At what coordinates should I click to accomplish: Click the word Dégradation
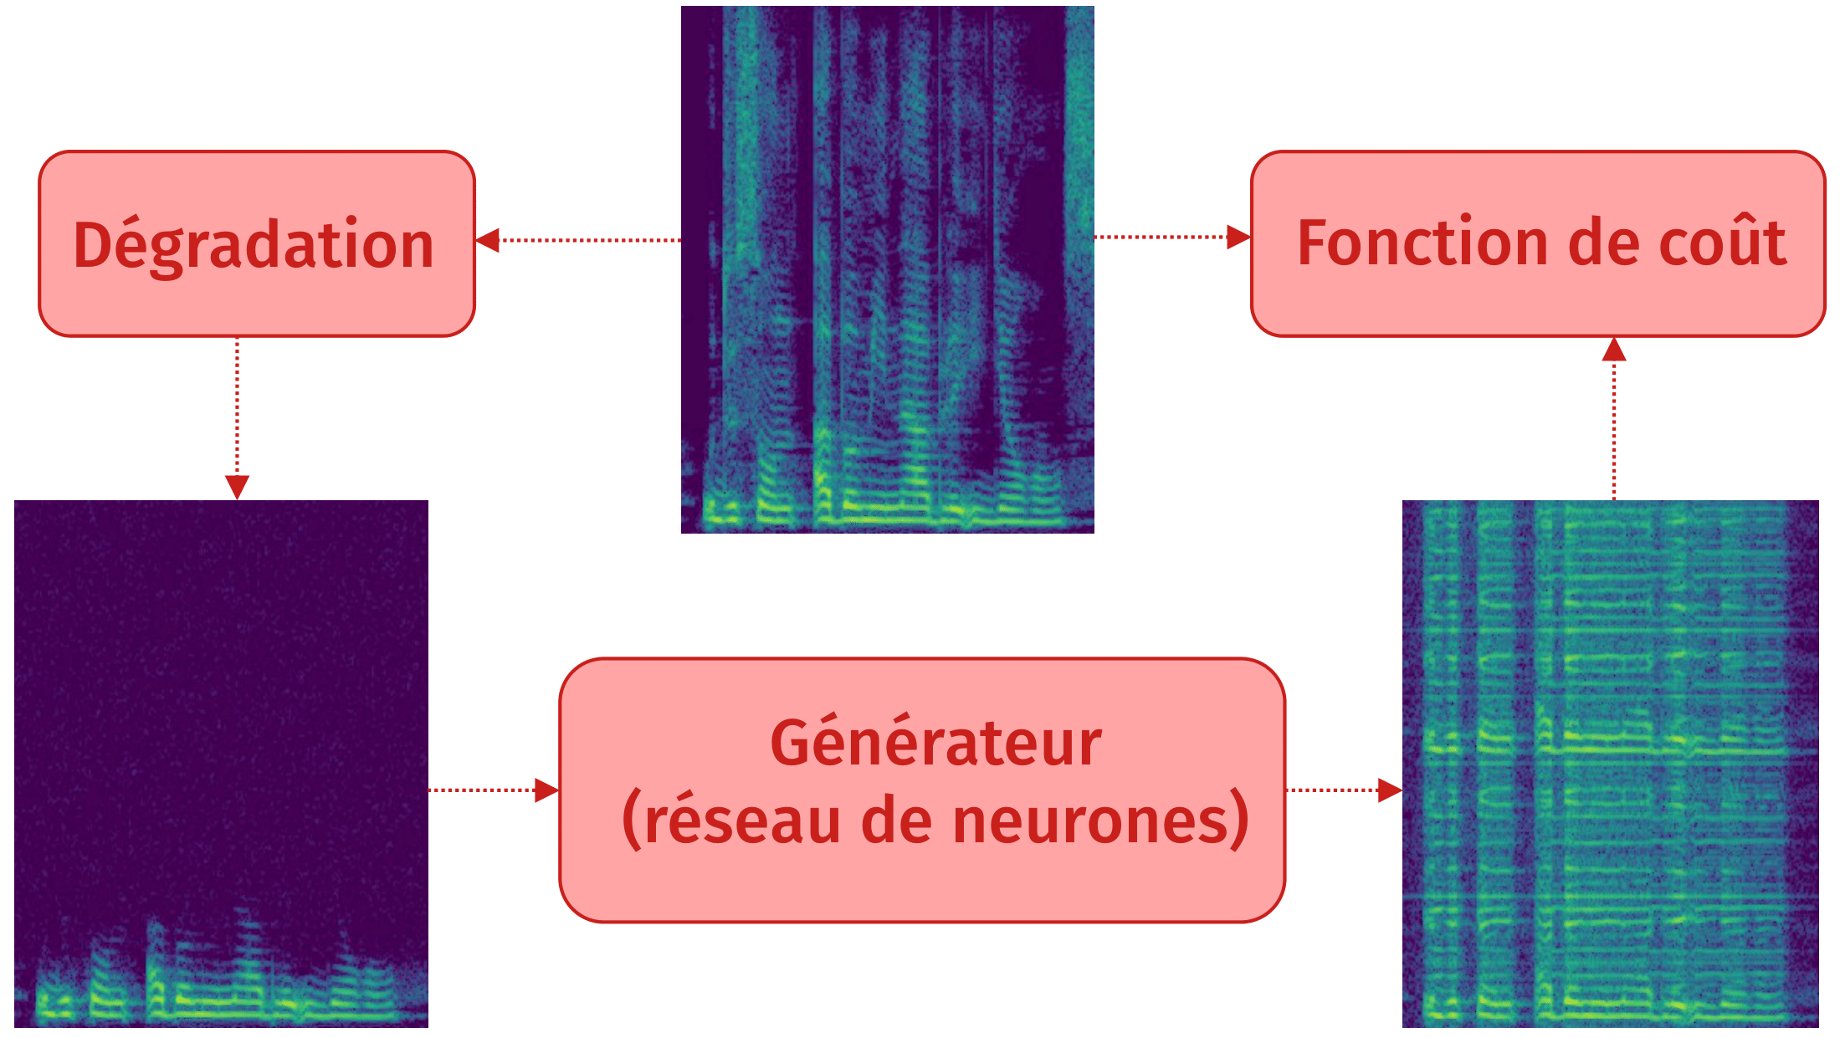click(254, 245)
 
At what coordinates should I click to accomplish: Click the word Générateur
click(935, 743)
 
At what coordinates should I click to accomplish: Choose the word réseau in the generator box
click(743, 821)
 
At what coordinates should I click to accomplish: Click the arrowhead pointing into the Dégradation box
click(488, 240)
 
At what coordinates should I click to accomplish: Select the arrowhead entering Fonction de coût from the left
click(1238, 237)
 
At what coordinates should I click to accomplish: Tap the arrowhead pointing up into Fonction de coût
click(1614, 350)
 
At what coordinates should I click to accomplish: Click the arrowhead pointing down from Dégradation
click(238, 487)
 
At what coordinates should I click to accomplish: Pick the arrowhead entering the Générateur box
click(546, 790)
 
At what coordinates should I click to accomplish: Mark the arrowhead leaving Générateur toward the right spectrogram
click(1390, 790)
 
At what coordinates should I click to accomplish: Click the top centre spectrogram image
click(887, 269)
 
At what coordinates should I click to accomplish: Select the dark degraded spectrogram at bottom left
click(221, 763)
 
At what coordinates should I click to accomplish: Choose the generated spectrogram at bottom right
click(1610, 763)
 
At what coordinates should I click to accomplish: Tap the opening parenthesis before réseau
click(633, 821)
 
